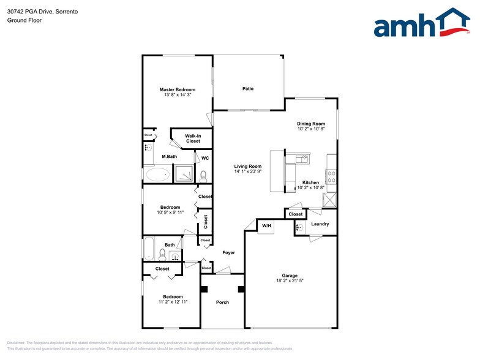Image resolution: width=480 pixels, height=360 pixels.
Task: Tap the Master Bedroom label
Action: [x=178, y=89]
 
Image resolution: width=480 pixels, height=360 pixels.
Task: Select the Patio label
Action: [x=248, y=89]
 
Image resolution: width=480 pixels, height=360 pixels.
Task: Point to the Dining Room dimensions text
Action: [x=311, y=129]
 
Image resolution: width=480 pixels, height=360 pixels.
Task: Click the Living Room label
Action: [x=248, y=167]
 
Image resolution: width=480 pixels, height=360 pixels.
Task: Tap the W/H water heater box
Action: [x=267, y=226]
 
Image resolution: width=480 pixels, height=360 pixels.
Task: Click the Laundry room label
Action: [x=320, y=224]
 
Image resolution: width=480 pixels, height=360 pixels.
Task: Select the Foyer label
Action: [x=228, y=252]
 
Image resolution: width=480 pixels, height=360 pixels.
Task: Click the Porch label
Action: [x=222, y=302]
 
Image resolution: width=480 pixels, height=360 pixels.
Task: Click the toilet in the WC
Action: [x=204, y=176]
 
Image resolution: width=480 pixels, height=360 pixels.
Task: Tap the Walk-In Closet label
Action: [x=193, y=138]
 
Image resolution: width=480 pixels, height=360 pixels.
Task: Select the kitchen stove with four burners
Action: [x=331, y=177]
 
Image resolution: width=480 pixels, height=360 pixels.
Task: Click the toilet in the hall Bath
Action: [x=162, y=255]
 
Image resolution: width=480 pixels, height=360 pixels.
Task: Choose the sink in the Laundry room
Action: [x=299, y=228]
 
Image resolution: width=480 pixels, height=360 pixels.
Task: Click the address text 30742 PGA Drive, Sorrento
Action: [x=38, y=12]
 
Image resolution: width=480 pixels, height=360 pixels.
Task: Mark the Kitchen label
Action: [x=310, y=183]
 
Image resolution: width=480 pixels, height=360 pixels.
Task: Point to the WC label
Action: [x=205, y=158]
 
